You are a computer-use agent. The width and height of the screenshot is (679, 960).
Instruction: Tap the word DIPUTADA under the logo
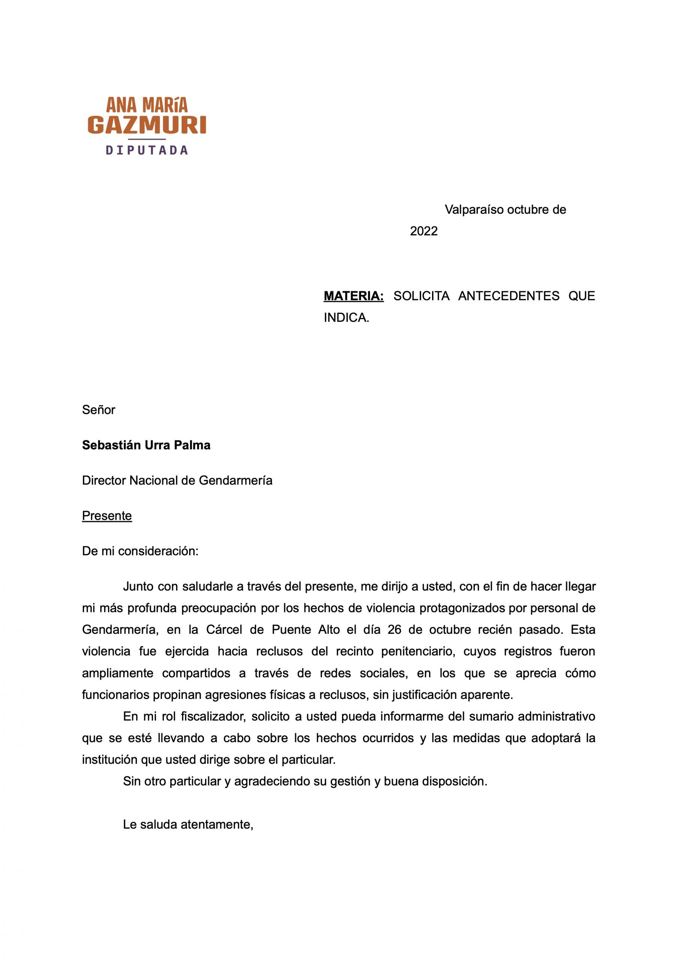point(147,150)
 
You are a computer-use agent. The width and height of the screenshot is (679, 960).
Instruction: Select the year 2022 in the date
point(423,231)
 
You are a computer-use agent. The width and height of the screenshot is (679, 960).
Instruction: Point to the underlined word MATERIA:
point(354,296)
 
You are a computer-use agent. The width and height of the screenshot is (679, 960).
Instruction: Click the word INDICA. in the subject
point(347,318)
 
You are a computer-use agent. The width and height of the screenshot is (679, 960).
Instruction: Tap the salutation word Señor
point(99,409)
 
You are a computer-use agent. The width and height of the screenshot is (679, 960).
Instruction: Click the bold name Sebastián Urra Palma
point(146,445)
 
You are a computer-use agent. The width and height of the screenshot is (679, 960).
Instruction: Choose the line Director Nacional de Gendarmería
point(177,480)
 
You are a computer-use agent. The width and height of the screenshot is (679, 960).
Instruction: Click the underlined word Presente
point(107,516)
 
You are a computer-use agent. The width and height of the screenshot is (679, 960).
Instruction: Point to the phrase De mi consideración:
point(140,551)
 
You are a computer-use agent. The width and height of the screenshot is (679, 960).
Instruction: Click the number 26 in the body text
point(394,630)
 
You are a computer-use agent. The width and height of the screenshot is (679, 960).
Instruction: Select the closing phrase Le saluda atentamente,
point(188,825)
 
